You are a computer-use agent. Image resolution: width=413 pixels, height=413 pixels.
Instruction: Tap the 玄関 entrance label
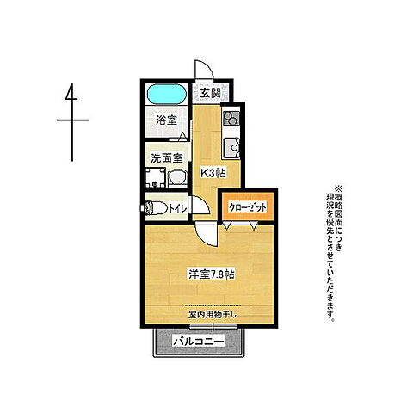click(210, 93)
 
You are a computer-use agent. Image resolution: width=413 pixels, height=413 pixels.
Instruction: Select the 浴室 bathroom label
click(166, 120)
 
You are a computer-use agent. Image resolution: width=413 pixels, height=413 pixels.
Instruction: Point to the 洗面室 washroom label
click(167, 157)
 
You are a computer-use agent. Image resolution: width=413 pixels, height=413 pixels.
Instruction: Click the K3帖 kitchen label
click(213, 173)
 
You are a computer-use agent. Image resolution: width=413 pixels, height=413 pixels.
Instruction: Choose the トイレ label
click(178, 208)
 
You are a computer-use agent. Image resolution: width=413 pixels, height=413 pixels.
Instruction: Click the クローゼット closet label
click(248, 207)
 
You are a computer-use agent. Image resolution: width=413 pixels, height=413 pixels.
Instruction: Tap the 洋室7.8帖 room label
click(212, 274)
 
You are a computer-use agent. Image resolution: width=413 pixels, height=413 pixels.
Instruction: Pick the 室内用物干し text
click(213, 315)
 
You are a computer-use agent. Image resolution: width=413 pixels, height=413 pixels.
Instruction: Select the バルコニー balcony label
click(199, 342)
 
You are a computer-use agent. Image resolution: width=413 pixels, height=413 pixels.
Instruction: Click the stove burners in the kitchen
click(231, 119)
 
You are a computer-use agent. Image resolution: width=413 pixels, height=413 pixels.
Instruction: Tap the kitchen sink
click(231, 148)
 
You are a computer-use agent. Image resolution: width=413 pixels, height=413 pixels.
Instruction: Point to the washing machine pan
click(155, 177)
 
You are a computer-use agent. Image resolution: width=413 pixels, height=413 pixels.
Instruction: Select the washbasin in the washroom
click(177, 178)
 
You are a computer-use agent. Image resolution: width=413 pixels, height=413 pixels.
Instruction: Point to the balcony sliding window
click(213, 326)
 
